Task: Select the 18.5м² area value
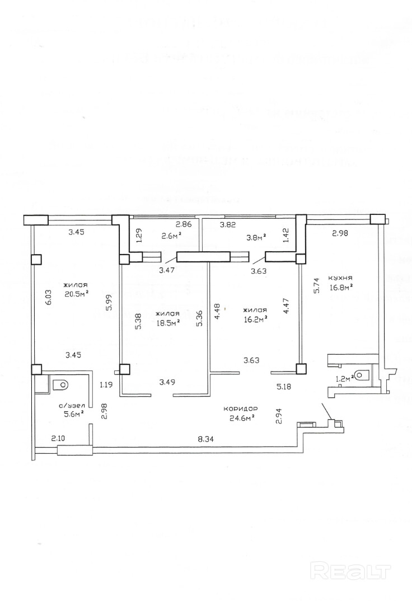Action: pos(167,323)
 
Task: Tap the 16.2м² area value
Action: pos(255,319)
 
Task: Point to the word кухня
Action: pos(340,278)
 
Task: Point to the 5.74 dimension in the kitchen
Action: pos(316,286)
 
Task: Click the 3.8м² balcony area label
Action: pos(256,236)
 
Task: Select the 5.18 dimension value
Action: pos(285,386)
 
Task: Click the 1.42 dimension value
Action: pos(287,234)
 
